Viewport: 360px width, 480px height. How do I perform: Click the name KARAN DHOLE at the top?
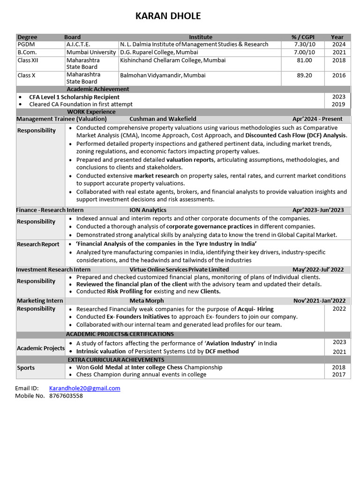(x=168, y=16)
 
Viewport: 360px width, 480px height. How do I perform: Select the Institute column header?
(x=201, y=37)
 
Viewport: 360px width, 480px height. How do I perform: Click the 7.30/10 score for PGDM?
(x=304, y=44)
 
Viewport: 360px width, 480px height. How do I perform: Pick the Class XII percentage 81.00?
(x=304, y=60)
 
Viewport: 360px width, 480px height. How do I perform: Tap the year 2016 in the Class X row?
(x=338, y=75)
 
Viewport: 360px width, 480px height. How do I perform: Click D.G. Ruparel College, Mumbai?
(x=159, y=52)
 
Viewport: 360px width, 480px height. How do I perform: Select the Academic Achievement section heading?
(x=97, y=89)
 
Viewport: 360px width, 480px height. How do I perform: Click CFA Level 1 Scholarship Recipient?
(x=74, y=97)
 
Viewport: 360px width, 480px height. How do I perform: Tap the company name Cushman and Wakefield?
(x=163, y=119)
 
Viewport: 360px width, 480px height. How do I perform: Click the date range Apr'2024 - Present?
(x=317, y=119)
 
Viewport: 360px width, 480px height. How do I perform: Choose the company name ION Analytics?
(x=148, y=210)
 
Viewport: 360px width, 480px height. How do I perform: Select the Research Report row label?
(x=38, y=244)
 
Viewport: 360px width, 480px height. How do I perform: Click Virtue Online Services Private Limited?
(x=179, y=270)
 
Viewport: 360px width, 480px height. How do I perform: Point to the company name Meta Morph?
(x=147, y=300)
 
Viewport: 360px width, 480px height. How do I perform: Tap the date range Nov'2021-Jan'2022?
(x=319, y=300)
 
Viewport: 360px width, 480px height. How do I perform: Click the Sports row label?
(x=26, y=368)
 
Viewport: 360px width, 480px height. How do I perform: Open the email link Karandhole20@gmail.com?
(x=84, y=388)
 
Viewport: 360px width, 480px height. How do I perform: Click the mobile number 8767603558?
(x=66, y=396)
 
